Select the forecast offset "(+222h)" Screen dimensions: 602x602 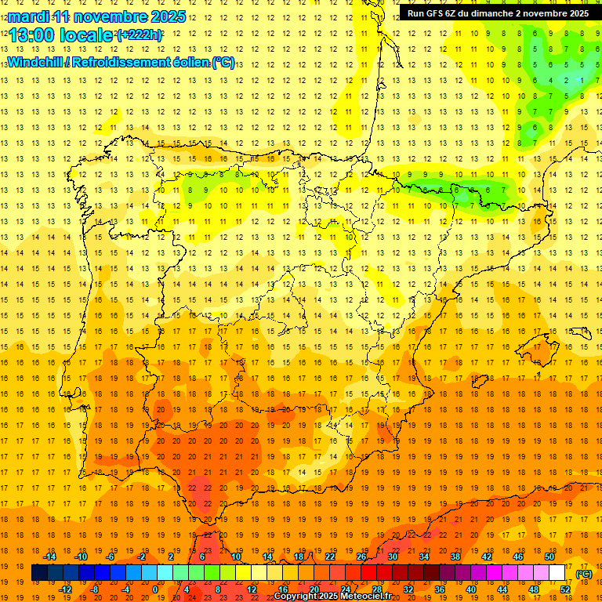139,35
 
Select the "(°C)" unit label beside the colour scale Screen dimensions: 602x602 583,574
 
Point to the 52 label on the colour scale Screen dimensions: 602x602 565,589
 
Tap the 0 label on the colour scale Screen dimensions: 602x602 155,589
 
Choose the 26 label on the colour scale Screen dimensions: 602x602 361,557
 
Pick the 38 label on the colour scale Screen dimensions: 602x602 455,557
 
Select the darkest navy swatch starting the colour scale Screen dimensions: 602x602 39,573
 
